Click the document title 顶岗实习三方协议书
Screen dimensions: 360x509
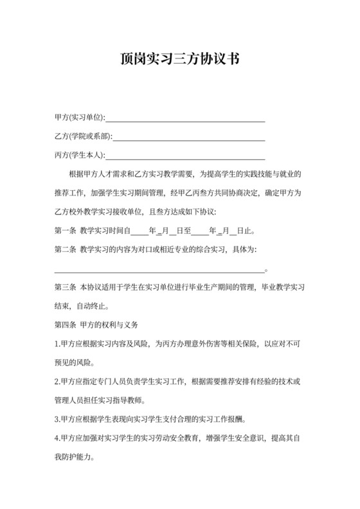[180, 60]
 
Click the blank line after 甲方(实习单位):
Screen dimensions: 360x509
[185, 120]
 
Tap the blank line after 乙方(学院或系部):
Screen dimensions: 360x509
[189, 139]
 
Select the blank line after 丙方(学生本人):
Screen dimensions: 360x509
[185, 157]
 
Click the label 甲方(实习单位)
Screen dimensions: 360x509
[79, 118]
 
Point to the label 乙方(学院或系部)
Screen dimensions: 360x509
[83, 136]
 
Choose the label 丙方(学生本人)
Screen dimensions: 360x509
[79, 155]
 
